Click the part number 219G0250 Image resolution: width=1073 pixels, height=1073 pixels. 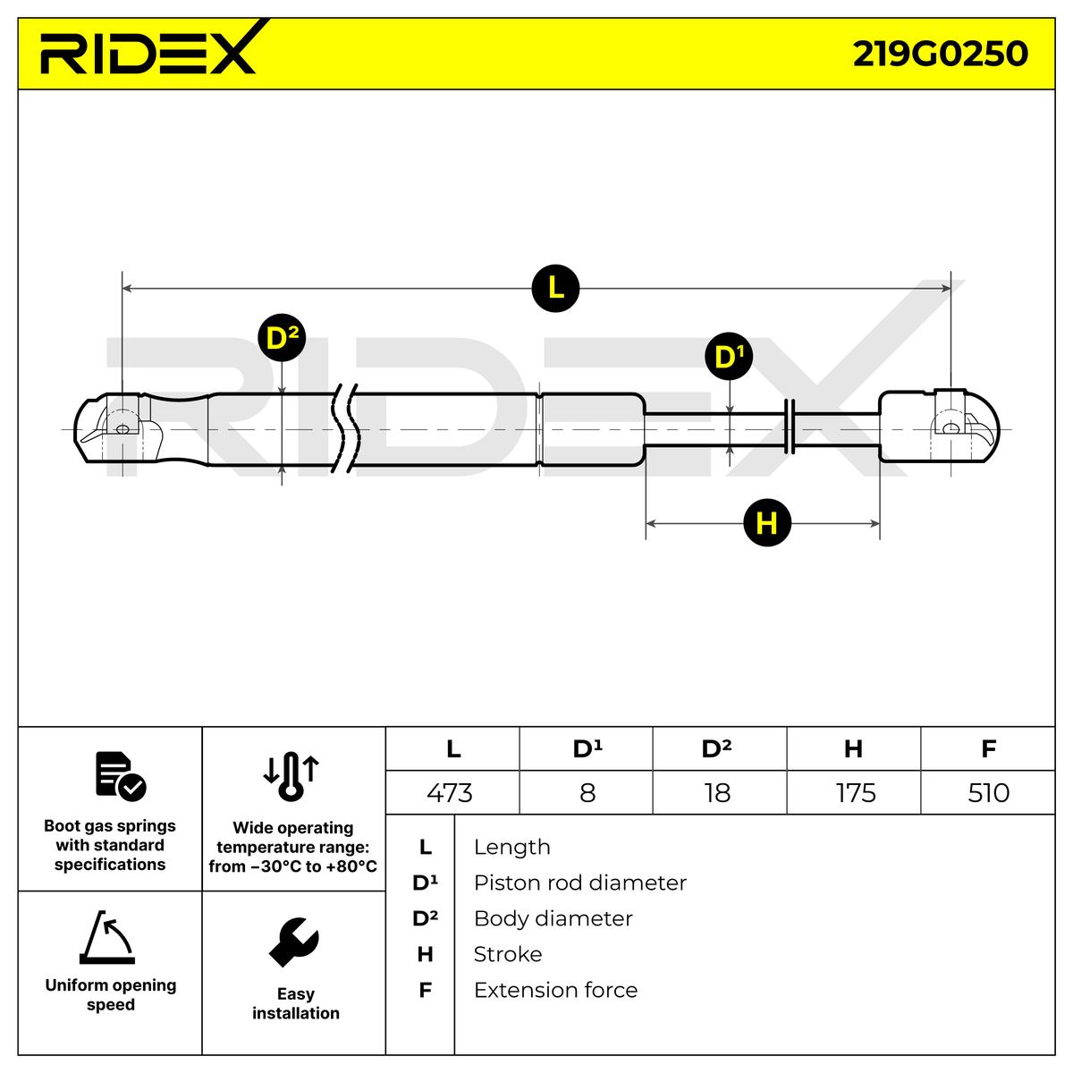(x=940, y=54)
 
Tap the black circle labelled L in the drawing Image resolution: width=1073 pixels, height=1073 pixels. (x=555, y=288)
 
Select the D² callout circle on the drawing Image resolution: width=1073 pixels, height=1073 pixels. (x=281, y=339)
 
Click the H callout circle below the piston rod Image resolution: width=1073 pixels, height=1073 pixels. (x=767, y=523)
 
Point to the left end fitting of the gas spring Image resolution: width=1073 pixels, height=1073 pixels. (x=116, y=428)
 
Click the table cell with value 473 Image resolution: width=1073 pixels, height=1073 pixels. (x=451, y=792)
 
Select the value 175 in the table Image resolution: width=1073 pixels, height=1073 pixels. (x=855, y=792)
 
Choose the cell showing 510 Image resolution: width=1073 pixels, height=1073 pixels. (x=988, y=792)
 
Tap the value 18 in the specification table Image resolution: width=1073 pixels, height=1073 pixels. (x=717, y=792)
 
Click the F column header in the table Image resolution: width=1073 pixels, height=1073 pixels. (x=988, y=748)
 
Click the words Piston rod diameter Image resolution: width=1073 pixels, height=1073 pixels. (x=579, y=883)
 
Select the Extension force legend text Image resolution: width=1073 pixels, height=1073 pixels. (x=555, y=990)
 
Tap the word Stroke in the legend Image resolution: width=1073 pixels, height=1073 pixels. (x=507, y=954)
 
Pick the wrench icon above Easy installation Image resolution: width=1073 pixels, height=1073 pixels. (x=294, y=942)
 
